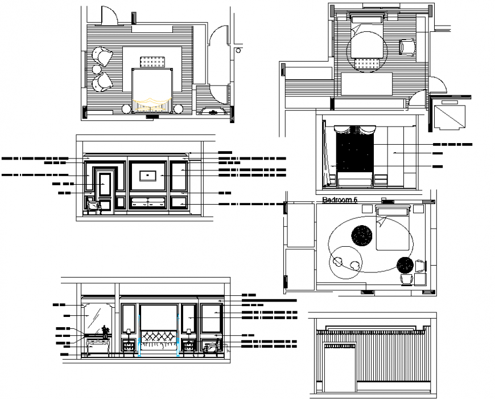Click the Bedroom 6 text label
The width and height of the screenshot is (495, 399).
pyautogui.click(x=340, y=200)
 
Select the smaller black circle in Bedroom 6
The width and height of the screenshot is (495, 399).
pyautogui.click(x=405, y=264)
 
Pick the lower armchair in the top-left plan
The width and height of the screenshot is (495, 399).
pyautogui.click(x=103, y=82)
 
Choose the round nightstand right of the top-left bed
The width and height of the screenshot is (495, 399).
pyautogui.click(x=179, y=109)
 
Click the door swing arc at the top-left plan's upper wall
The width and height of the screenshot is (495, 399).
pyautogui.click(x=108, y=16)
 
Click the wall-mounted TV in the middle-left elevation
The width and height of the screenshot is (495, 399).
pyautogui.click(x=148, y=175)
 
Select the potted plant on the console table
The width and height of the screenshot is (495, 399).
pyautogui.click(x=105, y=331)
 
